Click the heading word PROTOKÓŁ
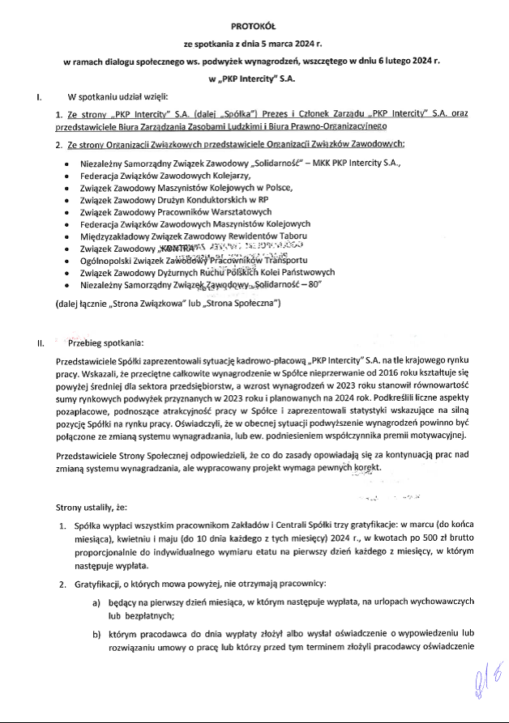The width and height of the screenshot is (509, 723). [x=254, y=26]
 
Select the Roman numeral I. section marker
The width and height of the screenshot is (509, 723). [x=39, y=98]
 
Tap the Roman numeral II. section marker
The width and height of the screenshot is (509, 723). [x=40, y=343]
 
